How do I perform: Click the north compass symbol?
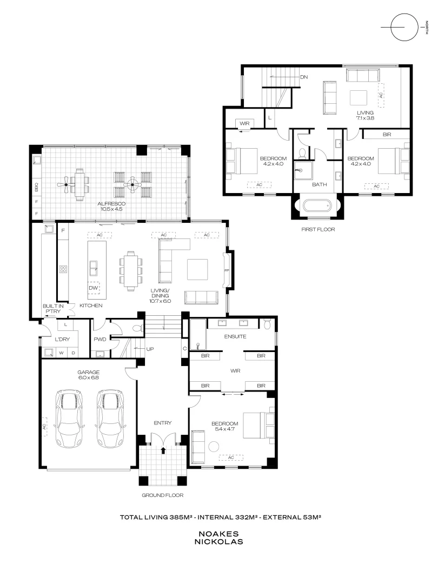pyautogui.click(x=405, y=26)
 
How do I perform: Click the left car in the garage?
pyautogui.click(x=69, y=420)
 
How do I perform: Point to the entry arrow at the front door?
pyautogui.click(x=163, y=449)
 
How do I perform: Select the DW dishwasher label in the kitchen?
pyautogui.click(x=93, y=288)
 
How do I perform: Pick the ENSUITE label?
pyautogui.click(x=236, y=336)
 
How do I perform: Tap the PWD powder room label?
pyautogui.click(x=99, y=340)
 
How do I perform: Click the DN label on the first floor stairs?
pyautogui.click(x=304, y=77)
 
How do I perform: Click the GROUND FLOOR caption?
pyautogui.click(x=163, y=495)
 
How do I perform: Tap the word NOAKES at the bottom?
pyautogui.click(x=219, y=533)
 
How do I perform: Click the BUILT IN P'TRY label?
pyautogui.click(x=54, y=308)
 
